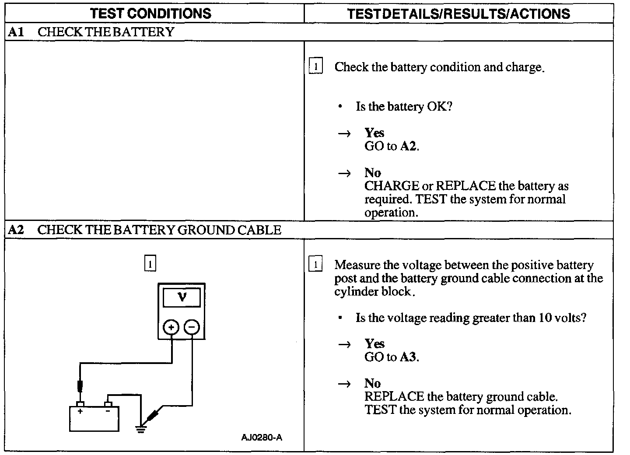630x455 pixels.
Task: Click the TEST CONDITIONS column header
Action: [x=151, y=13]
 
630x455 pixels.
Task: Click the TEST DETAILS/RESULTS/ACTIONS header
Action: [x=458, y=14]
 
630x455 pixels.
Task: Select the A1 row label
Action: [x=15, y=32]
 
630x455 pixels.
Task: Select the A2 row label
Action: [x=16, y=230]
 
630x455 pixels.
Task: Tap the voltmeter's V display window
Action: [x=182, y=297]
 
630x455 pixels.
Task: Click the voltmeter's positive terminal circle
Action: [x=171, y=327]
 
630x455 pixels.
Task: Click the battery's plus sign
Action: [x=80, y=411]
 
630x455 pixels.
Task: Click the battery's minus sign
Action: [x=108, y=411]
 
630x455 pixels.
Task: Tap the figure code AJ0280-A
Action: [x=262, y=437]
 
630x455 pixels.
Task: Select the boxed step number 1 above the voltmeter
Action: [x=150, y=264]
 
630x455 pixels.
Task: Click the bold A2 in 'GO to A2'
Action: [x=408, y=146]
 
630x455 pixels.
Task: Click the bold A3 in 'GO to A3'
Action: [x=408, y=357]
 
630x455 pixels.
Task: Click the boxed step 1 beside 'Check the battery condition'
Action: [x=315, y=67]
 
